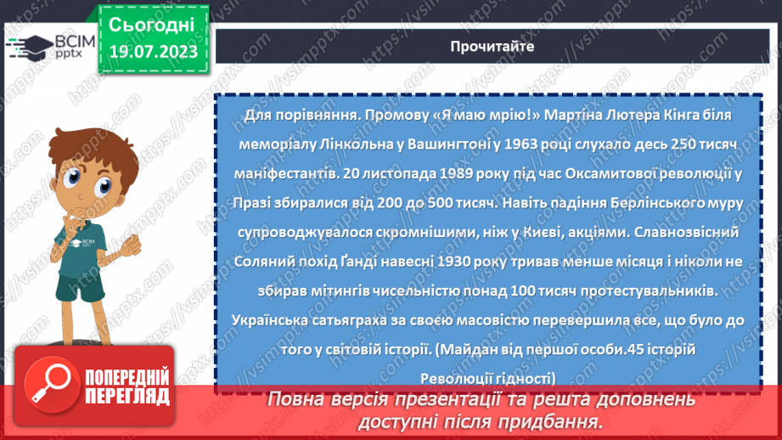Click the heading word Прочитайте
point(492,47)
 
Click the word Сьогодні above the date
point(151,23)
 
